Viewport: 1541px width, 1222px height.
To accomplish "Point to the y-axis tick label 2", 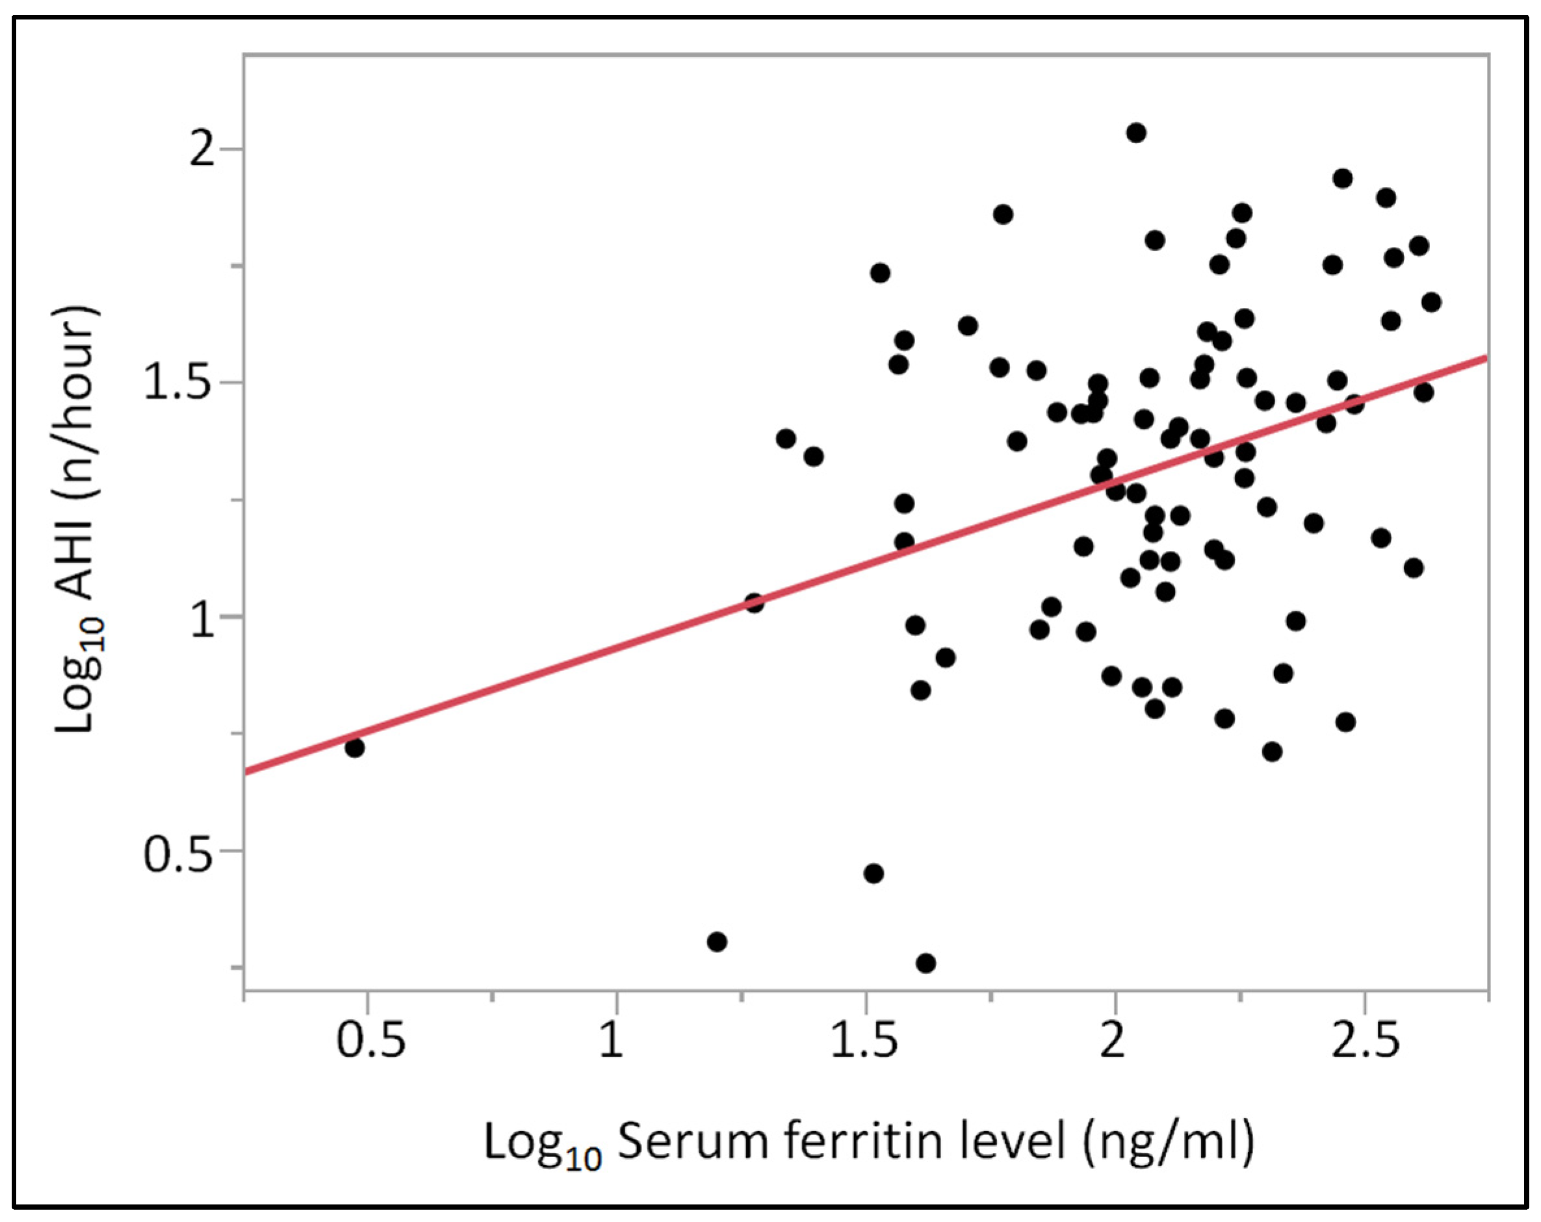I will [x=203, y=150].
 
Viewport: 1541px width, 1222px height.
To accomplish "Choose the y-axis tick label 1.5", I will [x=179, y=384].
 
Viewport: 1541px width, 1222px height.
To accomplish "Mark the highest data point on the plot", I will [x=1135, y=133].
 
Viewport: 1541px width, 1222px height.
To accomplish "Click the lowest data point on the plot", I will [x=926, y=963].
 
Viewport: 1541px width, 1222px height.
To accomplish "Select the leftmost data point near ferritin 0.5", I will [x=354, y=748].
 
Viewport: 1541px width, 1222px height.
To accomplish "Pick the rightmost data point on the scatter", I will [x=1431, y=302].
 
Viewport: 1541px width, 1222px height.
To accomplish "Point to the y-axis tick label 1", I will [x=203, y=618].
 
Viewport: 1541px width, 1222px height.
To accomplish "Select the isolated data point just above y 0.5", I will [x=874, y=873].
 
